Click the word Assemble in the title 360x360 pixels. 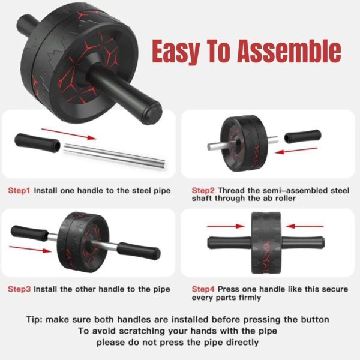tap(289, 52)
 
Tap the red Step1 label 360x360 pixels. tap(19, 190)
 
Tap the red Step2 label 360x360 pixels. tap(204, 190)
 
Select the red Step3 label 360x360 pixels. tap(19, 289)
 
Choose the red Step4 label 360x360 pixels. tap(204, 289)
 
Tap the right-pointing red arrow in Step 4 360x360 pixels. tap(224, 227)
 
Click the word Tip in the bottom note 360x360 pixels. tap(35, 319)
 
